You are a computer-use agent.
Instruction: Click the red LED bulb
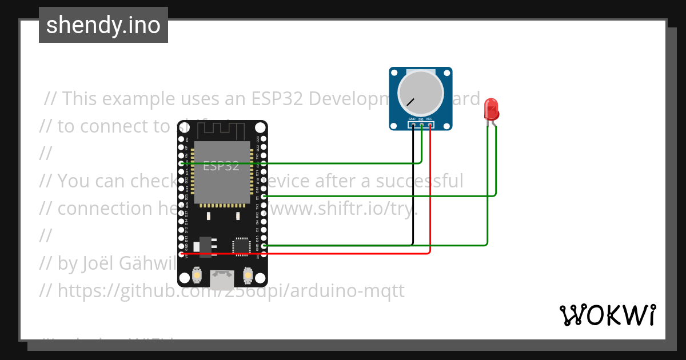[490, 108]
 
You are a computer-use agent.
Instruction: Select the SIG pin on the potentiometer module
[421, 124]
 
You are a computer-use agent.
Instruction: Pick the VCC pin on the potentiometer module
[429, 124]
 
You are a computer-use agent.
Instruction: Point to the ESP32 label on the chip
[221, 166]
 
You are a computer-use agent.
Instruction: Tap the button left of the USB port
[197, 275]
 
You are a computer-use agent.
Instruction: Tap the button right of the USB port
[248, 275]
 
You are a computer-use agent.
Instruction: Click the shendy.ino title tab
[103, 25]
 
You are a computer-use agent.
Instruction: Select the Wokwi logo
[607, 315]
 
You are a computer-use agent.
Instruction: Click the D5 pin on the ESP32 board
[264, 196]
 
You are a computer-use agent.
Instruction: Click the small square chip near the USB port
[240, 246]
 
